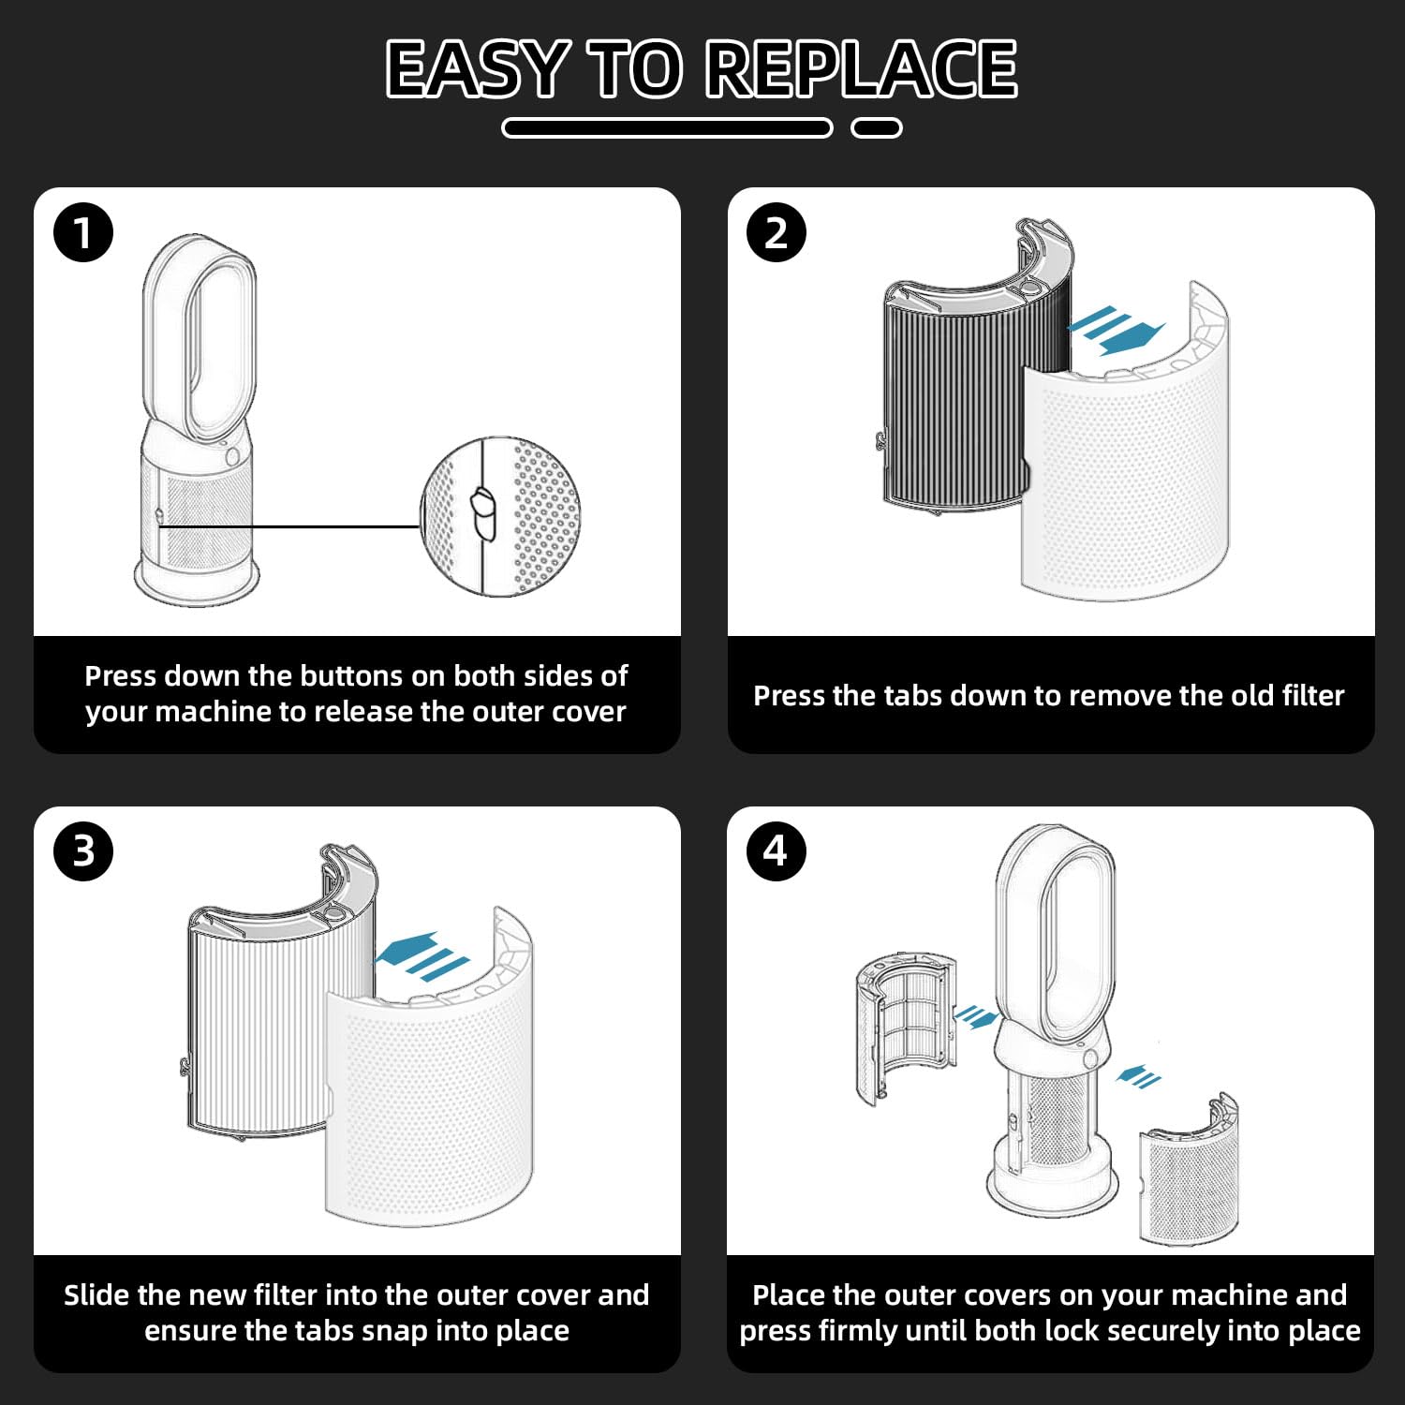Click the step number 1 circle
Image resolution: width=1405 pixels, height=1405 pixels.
coord(83,232)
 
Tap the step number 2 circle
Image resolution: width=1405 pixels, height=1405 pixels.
coord(776,232)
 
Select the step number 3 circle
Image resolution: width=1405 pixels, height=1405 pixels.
coord(83,850)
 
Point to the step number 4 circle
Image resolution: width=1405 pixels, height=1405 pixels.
coord(776,850)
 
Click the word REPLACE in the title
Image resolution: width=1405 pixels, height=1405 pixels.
coord(862,68)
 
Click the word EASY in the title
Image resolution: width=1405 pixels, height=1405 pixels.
coord(477,68)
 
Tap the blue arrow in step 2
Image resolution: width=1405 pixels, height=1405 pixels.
coord(1117,331)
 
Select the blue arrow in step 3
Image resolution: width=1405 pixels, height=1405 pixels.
coord(421,956)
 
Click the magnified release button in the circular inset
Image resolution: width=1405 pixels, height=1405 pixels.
coord(482,513)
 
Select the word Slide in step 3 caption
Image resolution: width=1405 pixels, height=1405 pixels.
coord(96,1295)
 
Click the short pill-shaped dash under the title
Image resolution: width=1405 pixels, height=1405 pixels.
coord(877,128)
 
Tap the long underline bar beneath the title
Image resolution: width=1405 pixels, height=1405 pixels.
coord(667,128)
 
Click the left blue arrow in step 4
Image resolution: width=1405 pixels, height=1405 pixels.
coord(974,1016)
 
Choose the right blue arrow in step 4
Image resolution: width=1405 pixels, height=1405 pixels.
coord(1139,1076)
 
